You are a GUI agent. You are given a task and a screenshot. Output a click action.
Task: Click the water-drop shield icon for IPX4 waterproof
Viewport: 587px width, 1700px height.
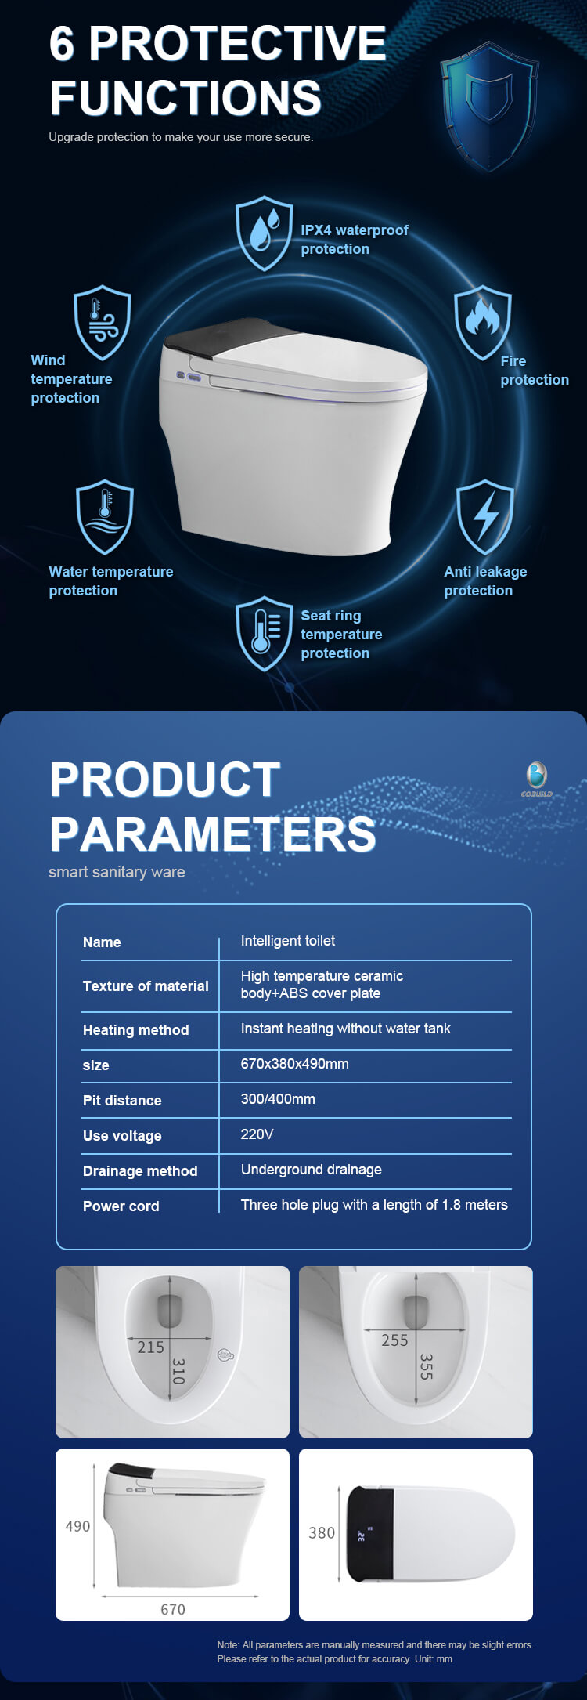[x=265, y=233]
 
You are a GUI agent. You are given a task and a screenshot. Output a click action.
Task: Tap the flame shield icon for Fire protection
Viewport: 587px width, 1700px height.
[x=483, y=322]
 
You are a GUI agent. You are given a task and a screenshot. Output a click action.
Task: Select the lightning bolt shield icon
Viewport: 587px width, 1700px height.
[x=485, y=517]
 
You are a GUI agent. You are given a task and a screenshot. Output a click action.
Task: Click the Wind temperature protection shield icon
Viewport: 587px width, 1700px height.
[x=103, y=323]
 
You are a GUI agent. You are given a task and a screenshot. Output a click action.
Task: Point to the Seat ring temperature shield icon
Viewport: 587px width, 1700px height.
[x=265, y=634]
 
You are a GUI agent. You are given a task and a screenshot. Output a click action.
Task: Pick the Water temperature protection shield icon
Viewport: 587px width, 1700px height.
[x=105, y=517]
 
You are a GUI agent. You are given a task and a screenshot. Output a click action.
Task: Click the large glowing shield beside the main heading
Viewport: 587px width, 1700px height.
[x=489, y=106]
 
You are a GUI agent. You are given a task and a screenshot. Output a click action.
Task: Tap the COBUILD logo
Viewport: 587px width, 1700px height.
[x=537, y=779]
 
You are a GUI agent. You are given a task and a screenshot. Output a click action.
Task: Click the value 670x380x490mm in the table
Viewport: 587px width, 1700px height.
[x=295, y=1064]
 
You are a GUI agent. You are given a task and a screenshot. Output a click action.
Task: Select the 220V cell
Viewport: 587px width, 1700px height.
[x=257, y=1134]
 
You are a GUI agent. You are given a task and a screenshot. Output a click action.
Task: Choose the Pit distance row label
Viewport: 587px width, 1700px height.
[x=122, y=1101]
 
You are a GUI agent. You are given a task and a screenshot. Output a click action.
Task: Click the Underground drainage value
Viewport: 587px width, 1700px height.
[x=312, y=1170]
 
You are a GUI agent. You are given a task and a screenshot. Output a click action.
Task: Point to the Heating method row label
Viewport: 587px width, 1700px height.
[x=136, y=1030]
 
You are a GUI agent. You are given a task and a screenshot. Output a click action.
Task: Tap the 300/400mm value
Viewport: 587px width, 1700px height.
[x=278, y=1099]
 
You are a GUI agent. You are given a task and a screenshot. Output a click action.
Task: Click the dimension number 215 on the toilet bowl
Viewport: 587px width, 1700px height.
[x=151, y=1347]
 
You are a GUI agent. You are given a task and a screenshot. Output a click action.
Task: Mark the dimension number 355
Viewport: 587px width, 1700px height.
[x=427, y=1366]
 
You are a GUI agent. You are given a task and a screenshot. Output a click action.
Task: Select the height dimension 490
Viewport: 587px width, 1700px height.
[x=77, y=1526]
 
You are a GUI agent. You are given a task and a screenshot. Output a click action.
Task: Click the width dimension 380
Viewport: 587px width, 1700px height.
[x=322, y=1533]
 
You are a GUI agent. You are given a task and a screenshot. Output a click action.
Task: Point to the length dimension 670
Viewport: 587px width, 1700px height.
[x=173, y=1609]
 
